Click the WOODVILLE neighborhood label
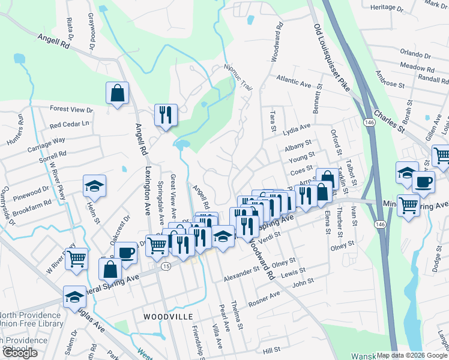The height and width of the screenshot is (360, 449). point(168,316)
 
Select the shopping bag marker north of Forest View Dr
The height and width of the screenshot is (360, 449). point(117,94)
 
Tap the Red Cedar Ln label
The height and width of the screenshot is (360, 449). point(69,125)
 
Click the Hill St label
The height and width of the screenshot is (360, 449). point(272,349)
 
